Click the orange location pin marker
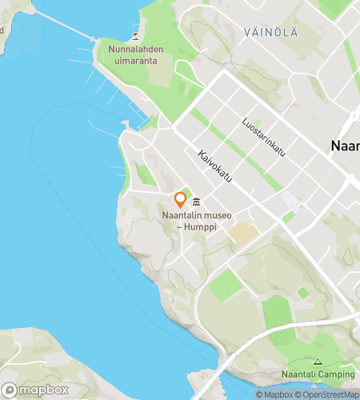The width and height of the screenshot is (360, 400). coord(180,199)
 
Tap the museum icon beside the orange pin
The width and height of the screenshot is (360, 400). coord(196,200)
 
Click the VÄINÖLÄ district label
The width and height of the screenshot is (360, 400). coord(272,31)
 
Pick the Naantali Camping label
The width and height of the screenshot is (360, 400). coord(318,374)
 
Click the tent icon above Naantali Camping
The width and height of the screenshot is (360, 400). coord(318,362)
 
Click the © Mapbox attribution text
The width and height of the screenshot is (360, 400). coord(274,394)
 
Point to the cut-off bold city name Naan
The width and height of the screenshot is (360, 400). coord(345,146)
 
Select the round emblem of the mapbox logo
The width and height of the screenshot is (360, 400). coord(10,390)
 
